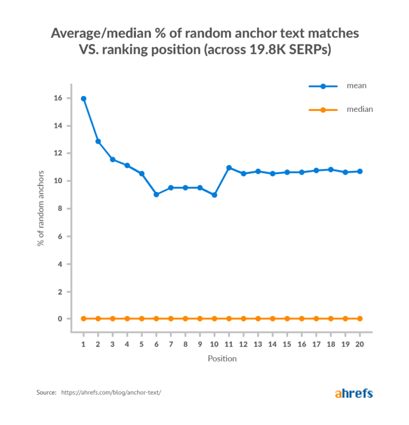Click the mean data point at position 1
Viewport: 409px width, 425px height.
click(84, 99)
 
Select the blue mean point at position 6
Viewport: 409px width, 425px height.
click(156, 194)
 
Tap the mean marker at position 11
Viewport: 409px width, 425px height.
click(229, 168)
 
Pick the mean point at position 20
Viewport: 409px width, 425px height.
click(359, 171)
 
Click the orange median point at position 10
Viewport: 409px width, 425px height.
click(215, 318)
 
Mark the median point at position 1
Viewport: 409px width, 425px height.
click(84, 318)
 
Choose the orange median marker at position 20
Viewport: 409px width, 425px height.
click(359, 318)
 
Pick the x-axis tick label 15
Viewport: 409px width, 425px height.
click(287, 345)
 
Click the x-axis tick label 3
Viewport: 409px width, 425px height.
click(113, 345)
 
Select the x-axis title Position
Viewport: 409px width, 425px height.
click(222, 358)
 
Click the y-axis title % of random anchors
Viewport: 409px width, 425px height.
click(41, 208)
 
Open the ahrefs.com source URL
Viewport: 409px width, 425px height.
click(111, 393)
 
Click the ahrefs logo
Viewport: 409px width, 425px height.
click(354, 394)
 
